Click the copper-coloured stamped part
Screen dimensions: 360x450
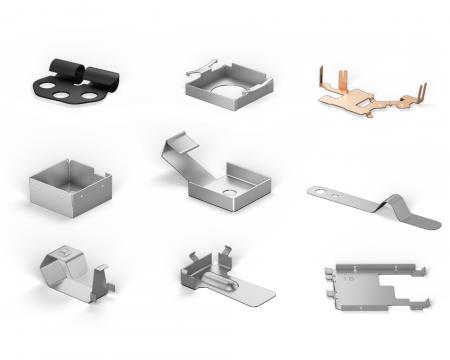[368, 98]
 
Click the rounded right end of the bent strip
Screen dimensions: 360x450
[430, 222]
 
